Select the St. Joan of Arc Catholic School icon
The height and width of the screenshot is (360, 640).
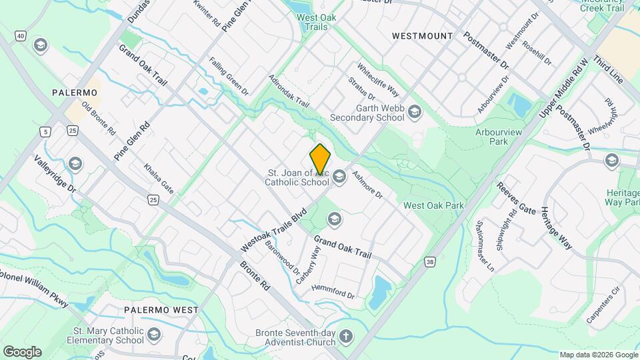click(x=339, y=176)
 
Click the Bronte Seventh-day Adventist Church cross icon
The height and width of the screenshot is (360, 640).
click(x=345, y=336)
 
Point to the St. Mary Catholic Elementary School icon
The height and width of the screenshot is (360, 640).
click(x=155, y=333)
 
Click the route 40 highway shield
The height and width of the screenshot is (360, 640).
click(x=21, y=35)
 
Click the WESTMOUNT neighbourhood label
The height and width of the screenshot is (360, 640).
click(x=422, y=35)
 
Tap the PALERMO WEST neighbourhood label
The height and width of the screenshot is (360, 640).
click(x=161, y=310)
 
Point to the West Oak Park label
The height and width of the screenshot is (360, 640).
click(x=433, y=205)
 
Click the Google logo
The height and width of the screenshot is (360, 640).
click(x=22, y=352)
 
